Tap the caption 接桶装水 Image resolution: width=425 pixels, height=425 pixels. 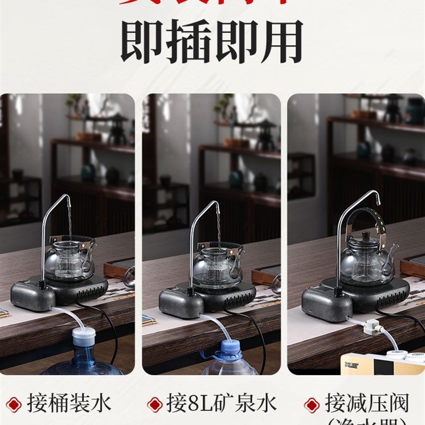tap(69, 404)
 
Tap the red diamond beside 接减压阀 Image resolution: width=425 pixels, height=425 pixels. tap(311, 404)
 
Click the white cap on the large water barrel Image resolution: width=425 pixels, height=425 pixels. tap(83, 336)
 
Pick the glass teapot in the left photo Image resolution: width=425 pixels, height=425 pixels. tap(70, 260)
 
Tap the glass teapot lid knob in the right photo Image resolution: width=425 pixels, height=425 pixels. tap(367, 235)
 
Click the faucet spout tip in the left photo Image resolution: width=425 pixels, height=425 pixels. tap(69, 201)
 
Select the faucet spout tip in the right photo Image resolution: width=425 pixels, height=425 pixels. tap(378, 197)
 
